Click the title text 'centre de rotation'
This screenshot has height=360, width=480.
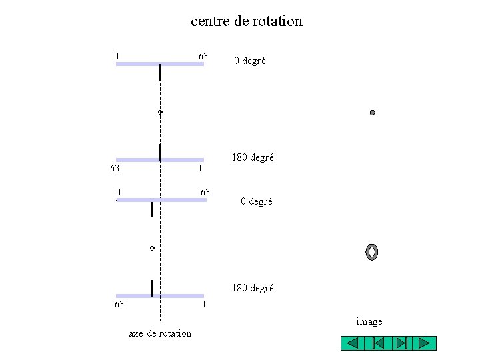pos(246,21)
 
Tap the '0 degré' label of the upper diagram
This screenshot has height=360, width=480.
pos(249,61)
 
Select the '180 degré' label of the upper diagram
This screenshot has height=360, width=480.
pos(252,158)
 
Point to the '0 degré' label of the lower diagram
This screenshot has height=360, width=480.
pos(256,201)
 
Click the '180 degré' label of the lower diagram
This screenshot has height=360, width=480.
pos(252,288)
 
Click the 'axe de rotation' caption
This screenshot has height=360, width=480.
pos(159,333)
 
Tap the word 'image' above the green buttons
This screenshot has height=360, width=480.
pos(369,322)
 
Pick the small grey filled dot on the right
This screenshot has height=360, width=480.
pos(373,113)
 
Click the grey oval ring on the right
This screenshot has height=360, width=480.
pos(372,252)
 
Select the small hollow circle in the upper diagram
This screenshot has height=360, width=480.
pos(160,113)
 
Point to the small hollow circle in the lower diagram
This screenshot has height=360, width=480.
pos(152,248)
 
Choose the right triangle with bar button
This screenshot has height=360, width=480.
pos(400,343)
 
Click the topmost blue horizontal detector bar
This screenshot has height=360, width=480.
pos(160,64)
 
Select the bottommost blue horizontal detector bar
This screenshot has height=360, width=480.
pos(160,296)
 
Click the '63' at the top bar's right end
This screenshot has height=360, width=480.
pos(203,56)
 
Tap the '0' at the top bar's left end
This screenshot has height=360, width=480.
pos(117,56)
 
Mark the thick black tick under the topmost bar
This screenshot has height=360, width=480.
pos(160,73)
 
